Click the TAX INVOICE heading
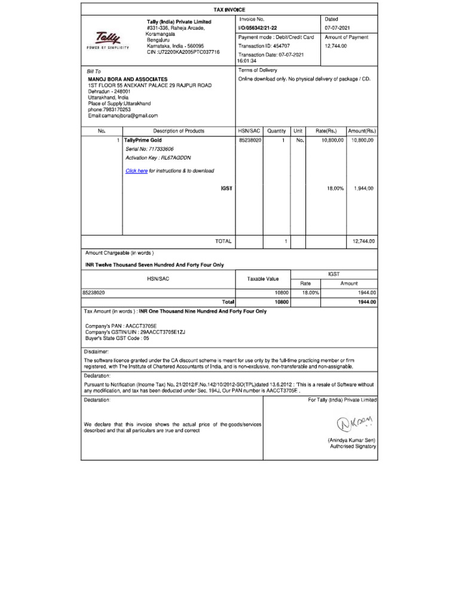[x=229, y=10]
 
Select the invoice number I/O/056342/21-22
[x=258, y=28]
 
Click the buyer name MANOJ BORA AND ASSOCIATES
[x=127, y=79]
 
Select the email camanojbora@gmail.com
[x=123, y=115]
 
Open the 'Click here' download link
[x=136, y=171]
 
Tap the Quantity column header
[x=276, y=131]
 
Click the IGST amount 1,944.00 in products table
[x=363, y=188]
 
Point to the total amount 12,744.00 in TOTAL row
[x=363, y=241]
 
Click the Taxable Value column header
[x=263, y=279]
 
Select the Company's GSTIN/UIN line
[x=136, y=331]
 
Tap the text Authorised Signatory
[x=353, y=446]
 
